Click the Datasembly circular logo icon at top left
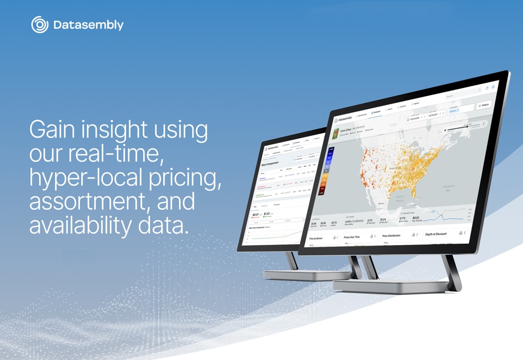point(40,25)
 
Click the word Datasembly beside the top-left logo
point(88,25)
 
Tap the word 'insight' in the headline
point(126,130)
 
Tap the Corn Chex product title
point(347,130)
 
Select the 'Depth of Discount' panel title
point(436,234)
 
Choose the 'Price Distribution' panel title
point(392,236)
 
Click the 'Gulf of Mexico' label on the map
point(399,198)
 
